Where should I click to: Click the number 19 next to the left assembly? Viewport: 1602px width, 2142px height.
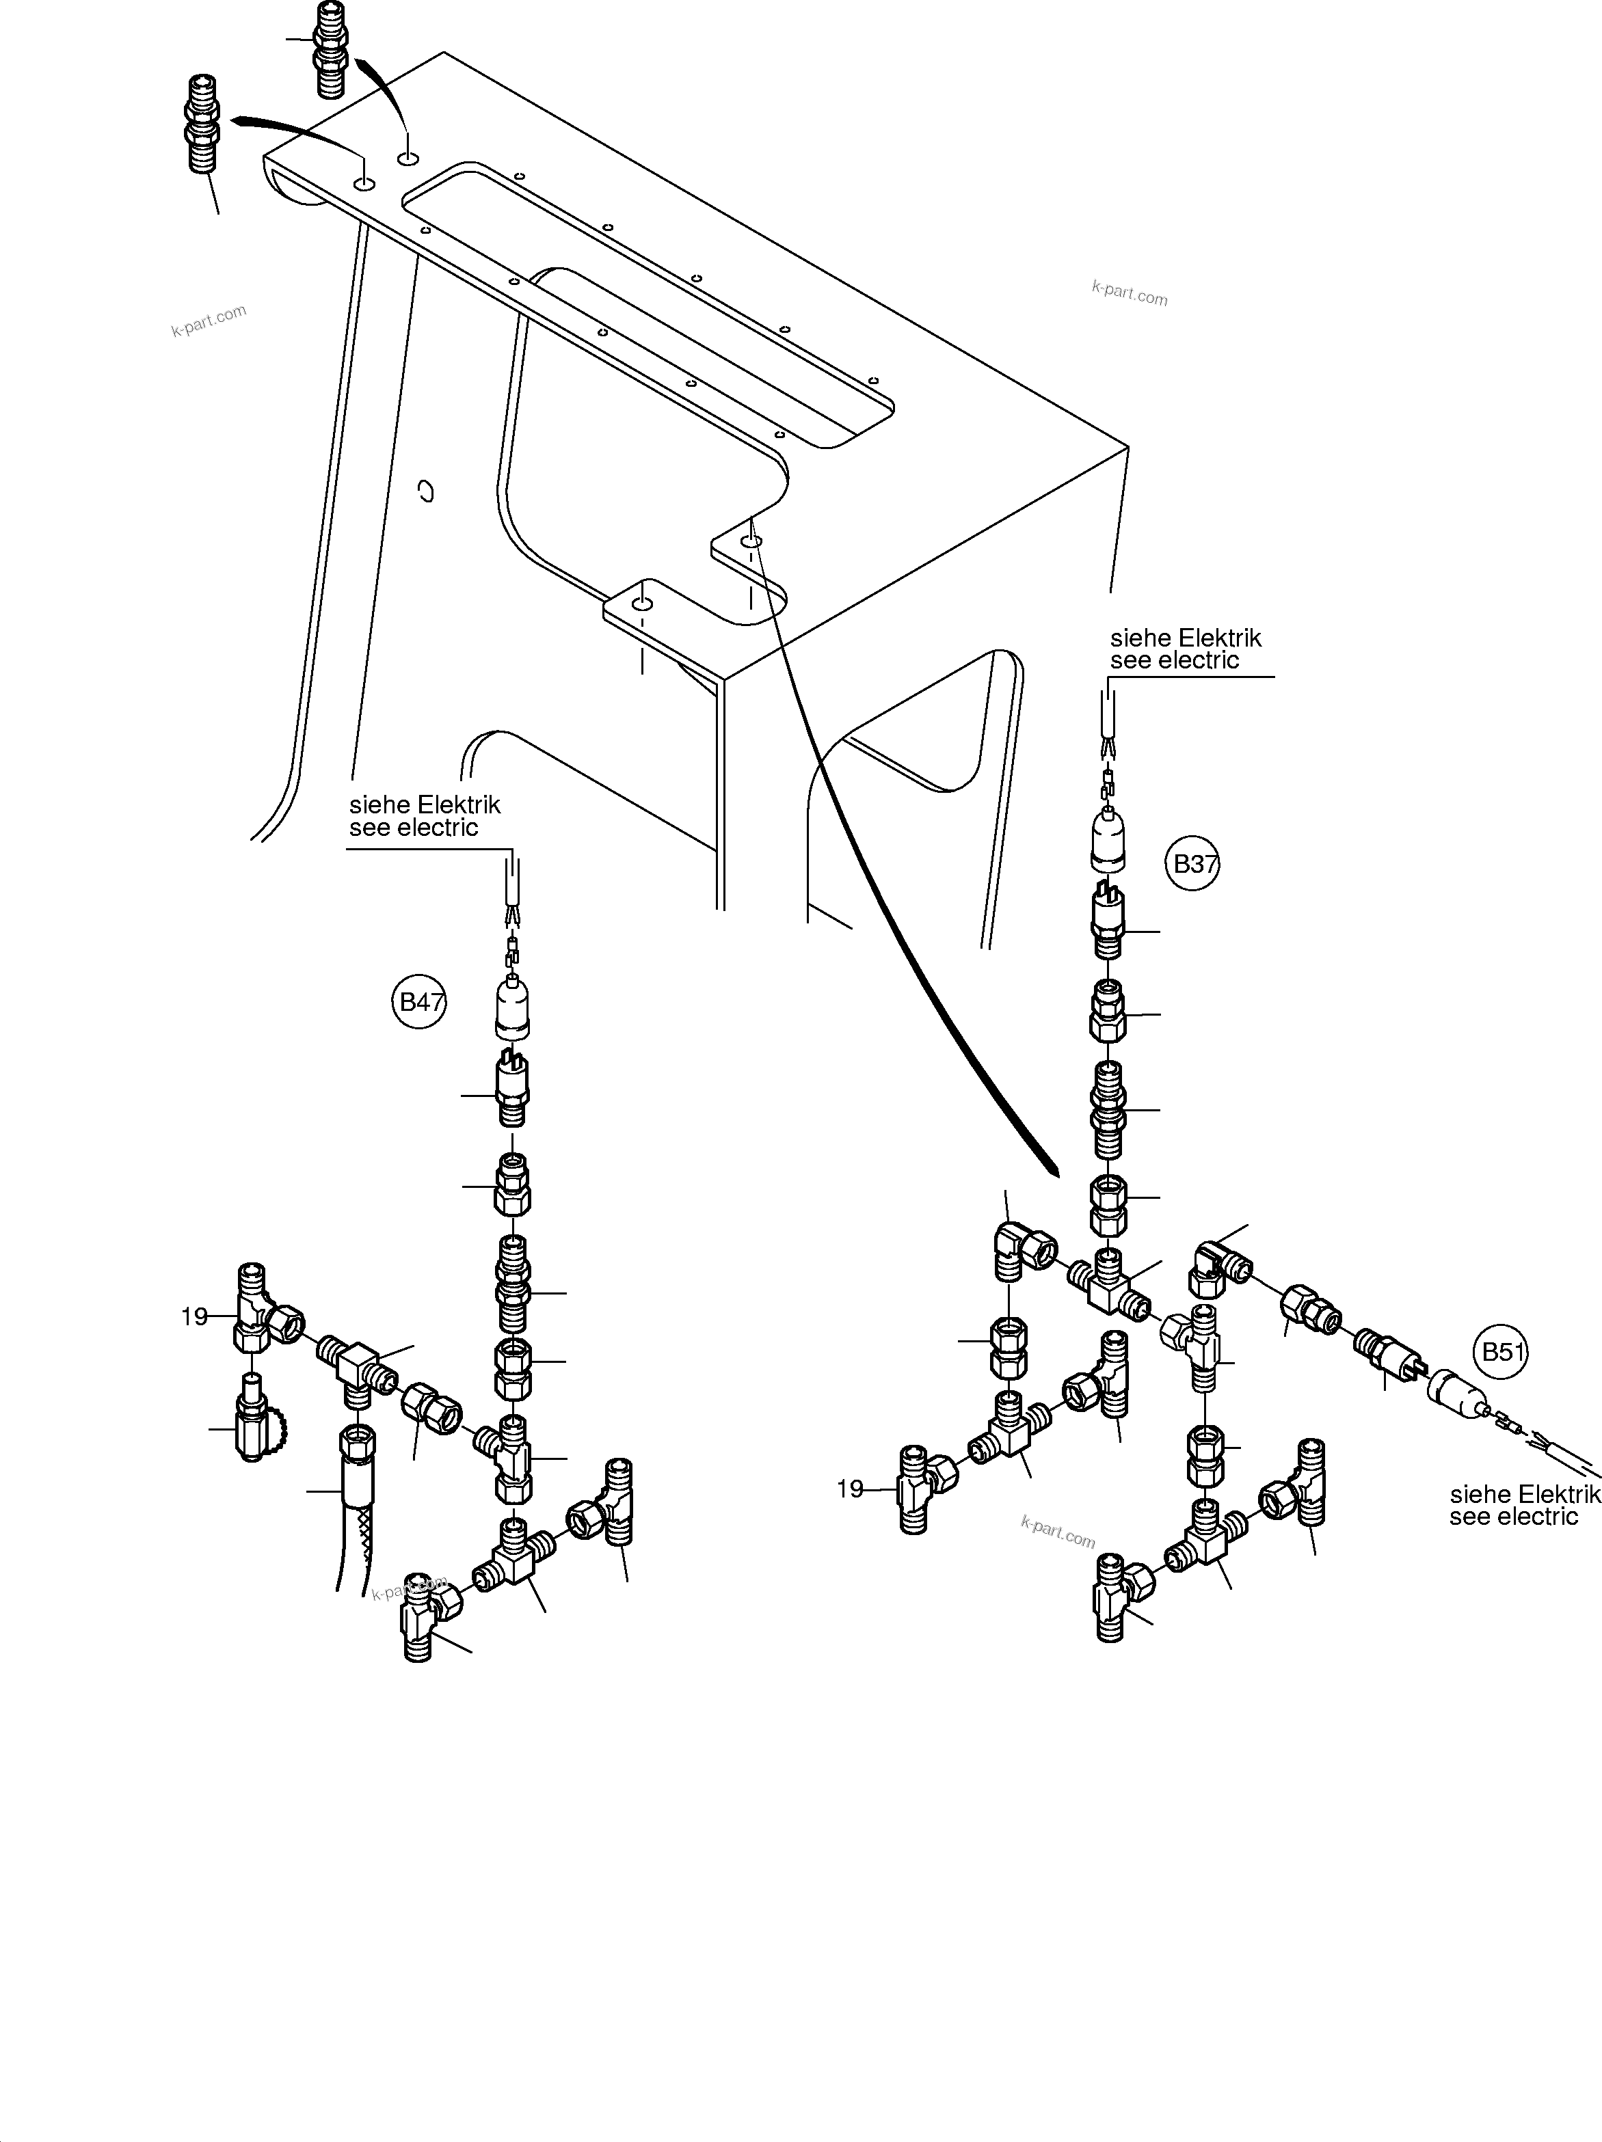(195, 1317)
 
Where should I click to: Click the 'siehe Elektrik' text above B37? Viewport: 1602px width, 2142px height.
(1186, 639)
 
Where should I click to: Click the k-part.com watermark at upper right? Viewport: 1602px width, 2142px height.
(1130, 293)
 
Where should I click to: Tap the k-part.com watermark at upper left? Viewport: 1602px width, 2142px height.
(209, 321)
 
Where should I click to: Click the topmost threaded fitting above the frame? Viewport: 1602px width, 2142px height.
(330, 49)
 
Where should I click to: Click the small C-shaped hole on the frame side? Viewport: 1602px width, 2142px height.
(426, 492)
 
